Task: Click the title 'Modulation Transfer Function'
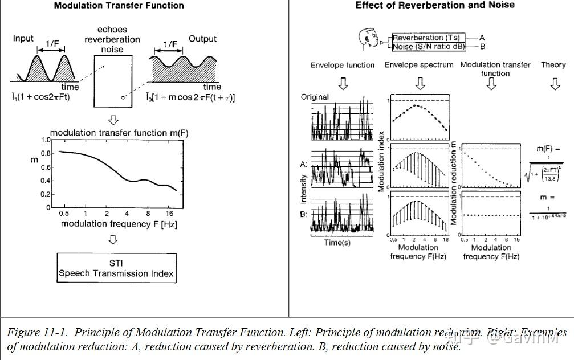pos(119,6)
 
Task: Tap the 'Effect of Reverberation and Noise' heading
pos(435,5)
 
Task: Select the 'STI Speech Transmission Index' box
pos(116,268)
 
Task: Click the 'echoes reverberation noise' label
pos(112,39)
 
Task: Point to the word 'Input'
pos(23,39)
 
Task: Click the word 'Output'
pos(203,39)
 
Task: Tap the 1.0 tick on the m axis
pos(46,140)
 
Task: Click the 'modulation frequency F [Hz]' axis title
pos(119,224)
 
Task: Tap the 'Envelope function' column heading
pos(343,65)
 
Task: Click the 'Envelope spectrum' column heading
pos(419,65)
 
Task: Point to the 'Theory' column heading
pos(553,65)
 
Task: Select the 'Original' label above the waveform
pos(315,97)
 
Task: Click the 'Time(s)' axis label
pos(337,242)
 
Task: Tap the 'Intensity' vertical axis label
pos(304,189)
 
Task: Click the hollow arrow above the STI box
pos(113,240)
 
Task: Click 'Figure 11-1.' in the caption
pos(38,332)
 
